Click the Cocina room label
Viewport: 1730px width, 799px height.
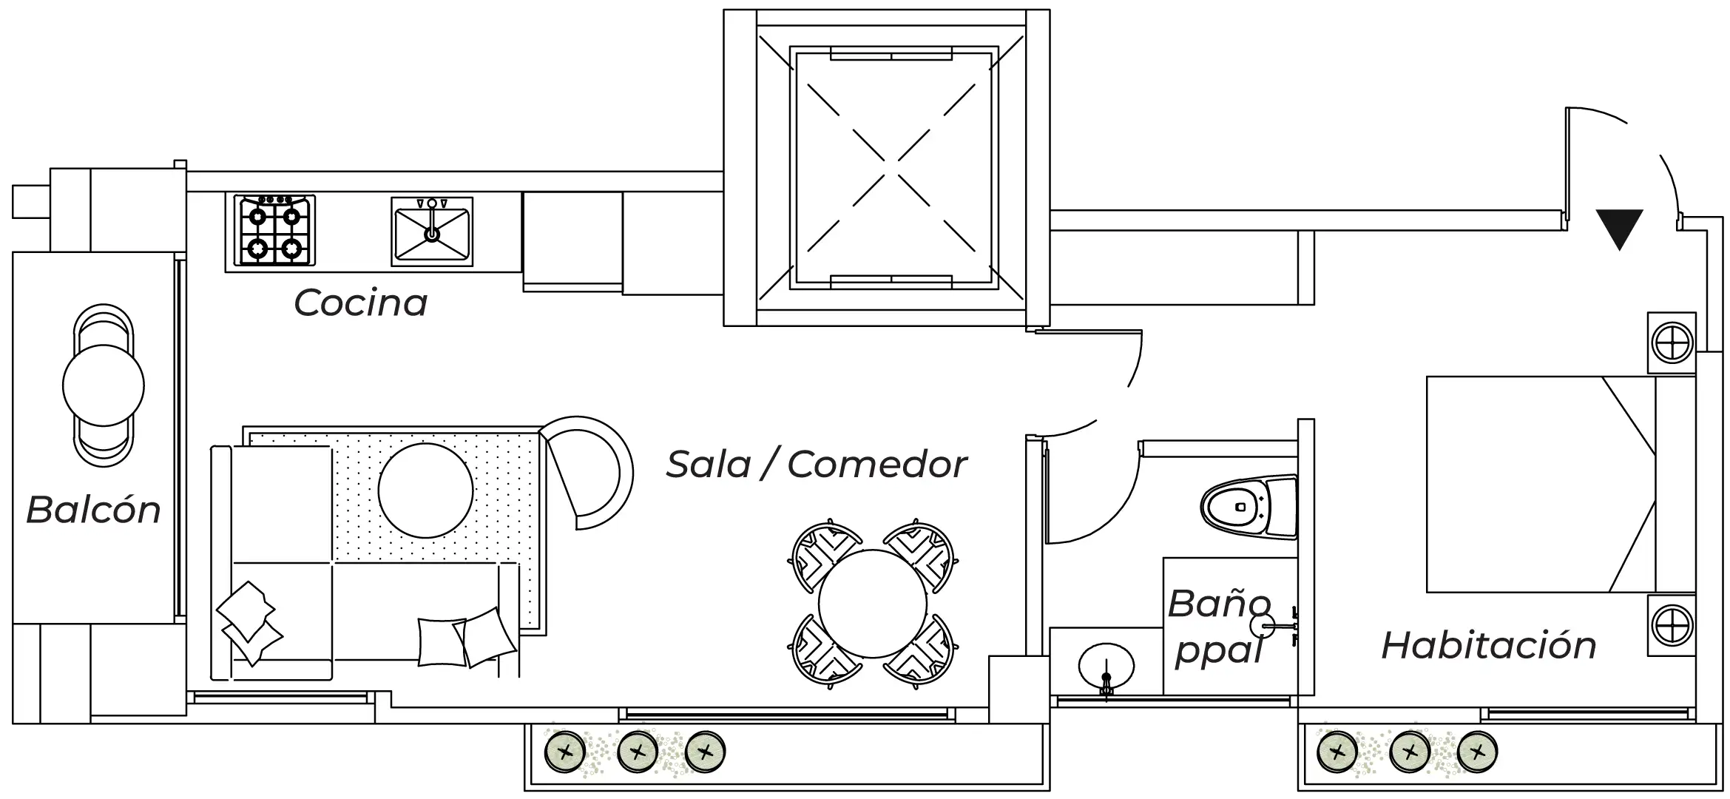coord(361,303)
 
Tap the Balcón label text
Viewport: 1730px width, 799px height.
coord(93,510)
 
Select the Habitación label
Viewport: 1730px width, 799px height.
coord(1489,645)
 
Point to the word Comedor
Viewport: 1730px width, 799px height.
coord(877,465)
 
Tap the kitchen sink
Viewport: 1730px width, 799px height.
coord(432,231)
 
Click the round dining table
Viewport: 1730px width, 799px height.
coord(872,604)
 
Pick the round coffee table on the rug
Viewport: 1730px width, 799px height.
coord(425,490)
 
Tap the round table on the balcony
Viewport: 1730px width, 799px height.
coord(104,385)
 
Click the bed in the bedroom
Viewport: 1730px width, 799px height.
coord(1561,485)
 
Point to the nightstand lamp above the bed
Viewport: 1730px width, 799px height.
coord(1672,343)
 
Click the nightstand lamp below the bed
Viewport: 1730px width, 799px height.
coord(1672,624)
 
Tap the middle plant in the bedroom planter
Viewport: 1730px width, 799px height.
coord(1410,753)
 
